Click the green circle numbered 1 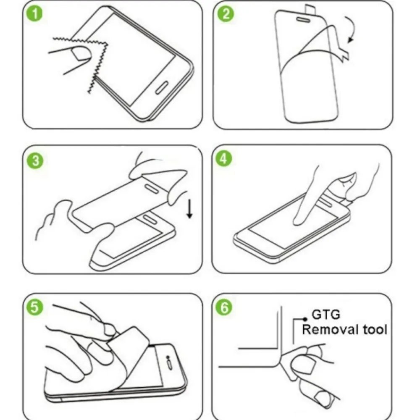35,14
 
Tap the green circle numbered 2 226,14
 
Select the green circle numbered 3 35,161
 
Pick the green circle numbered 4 224,159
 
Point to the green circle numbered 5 35,307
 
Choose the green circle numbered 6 224,307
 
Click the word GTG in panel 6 326,315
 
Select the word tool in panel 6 375,329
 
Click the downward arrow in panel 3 190,209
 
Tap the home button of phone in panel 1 162,88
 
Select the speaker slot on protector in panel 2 303,20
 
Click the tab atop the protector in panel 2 311,9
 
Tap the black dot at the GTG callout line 305,319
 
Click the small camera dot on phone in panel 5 168,357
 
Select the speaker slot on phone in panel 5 170,365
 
